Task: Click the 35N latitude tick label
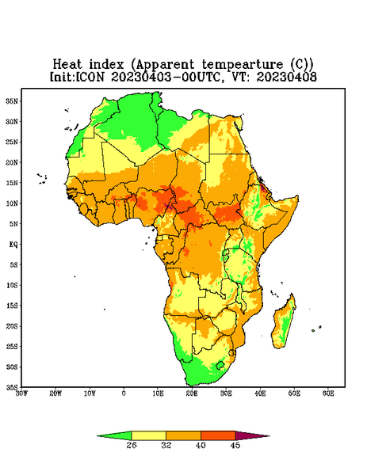pos(12,101)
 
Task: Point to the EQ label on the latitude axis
pos(13,244)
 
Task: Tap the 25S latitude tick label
pos(12,346)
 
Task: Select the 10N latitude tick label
pos(12,203)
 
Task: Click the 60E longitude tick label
pos(328,393)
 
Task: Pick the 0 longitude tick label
pos(124,393)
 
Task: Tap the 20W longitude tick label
pos(55,393)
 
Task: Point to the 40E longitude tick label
pos(260,393)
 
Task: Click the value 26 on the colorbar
pos(132,445)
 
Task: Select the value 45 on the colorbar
pos(235,445)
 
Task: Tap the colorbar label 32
pos(166,445)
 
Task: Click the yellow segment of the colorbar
pos(148,435)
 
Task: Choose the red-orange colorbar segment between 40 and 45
pos(218,435)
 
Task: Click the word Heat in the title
pos(67,65)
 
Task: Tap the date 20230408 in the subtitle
pos(287,77)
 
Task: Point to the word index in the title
pos(107,65)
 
